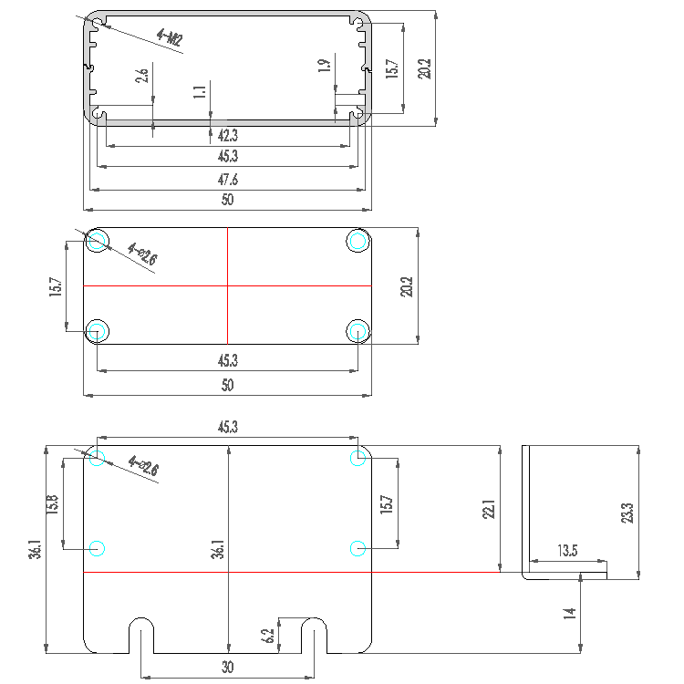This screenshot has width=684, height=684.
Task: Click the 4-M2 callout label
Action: point(170,38)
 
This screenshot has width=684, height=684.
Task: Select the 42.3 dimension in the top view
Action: point(227,135)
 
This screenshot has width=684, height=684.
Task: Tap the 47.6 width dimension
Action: point(227,180)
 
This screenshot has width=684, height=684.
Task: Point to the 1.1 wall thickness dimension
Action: point(201,91)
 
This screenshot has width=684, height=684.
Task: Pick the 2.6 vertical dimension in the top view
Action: point(142,75)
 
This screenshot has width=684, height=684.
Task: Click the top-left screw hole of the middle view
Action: point(98,241)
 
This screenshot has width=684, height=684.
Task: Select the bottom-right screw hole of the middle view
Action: point(358,330)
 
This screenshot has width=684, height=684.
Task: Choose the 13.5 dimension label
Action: point(567,552)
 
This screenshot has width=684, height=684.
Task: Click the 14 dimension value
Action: point(570,613)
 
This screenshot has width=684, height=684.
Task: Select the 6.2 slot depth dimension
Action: point(266,636)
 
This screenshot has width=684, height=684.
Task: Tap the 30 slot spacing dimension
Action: point(227,668)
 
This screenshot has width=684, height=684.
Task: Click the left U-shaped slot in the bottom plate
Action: point(140,636)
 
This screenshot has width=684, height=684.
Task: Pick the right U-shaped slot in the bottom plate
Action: point(314,636)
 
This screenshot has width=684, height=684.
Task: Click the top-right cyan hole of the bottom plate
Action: point(358,458)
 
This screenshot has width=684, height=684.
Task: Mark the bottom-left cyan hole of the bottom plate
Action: point(98,548)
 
